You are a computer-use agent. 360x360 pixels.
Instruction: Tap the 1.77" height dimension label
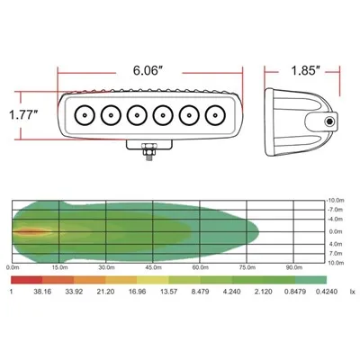(x=23, y=115)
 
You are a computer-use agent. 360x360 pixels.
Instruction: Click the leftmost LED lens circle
(x=85, y=115)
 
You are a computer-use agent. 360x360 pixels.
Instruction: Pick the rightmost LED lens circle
(x=215, y=115)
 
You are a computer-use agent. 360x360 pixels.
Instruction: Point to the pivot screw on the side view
(x=329, y=121)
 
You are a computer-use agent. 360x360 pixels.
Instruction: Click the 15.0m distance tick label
(x=59, y=267)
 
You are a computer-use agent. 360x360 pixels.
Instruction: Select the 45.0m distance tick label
(x=153, y=267)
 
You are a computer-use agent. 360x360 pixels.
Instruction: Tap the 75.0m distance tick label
(x=247, y=267)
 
